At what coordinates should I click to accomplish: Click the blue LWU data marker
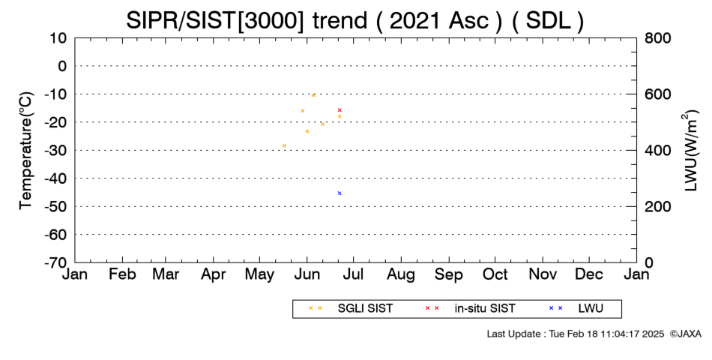tap(340, 193)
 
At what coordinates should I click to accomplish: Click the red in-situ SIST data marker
tap(340, 110)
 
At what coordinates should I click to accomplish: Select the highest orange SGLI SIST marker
tap(313, 95)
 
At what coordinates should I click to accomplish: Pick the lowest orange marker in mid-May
tap(284, 145)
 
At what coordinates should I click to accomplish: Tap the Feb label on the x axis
tap(122, 274)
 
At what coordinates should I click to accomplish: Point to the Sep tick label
tap(449, 275)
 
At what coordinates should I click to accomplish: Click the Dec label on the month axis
tap(589, 274)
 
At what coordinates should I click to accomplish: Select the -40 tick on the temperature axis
tap(55, 178)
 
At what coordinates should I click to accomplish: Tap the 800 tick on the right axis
tap(658, 37)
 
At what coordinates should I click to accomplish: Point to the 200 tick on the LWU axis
tap(658, 206)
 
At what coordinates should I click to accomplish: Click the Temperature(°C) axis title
tap(26, 151)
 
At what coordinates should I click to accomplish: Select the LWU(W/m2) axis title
tap(690, 151)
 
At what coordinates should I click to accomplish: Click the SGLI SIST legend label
tap(365, 308)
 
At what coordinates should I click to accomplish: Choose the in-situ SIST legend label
tap(485, 308)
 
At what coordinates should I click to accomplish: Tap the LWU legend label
tap(591, 308)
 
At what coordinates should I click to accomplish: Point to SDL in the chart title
tap(549, 20)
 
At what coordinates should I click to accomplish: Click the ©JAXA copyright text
tap(685, 334)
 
